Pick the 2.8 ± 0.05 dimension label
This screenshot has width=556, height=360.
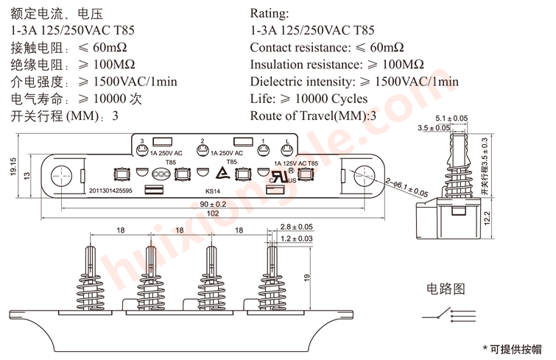pyautogui.click(x=297, y=227)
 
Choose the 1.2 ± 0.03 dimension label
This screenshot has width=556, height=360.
pyautogui.click(x=297, y=239)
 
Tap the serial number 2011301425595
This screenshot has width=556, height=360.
pyautogui.click(x=110, y=191)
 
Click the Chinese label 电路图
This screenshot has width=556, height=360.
pyautogui.click(x=446, y=288)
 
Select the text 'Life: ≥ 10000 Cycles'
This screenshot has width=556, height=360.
pyautogui.click(x=309, y=99)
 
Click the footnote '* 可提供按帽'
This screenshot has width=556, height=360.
pyautogui.click(x=511, y=347)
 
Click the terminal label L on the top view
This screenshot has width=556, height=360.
pyautogui.click(x=286, y=141)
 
